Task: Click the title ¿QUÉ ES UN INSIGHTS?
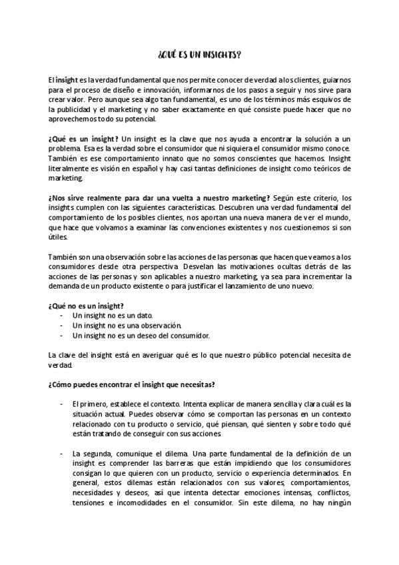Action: pos(199,55)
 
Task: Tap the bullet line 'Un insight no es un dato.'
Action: pos(113,315)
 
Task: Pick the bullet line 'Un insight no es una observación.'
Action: pos(127,325)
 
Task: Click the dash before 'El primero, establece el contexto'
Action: pos(61,404)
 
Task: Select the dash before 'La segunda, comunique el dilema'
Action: pos(61,453)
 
